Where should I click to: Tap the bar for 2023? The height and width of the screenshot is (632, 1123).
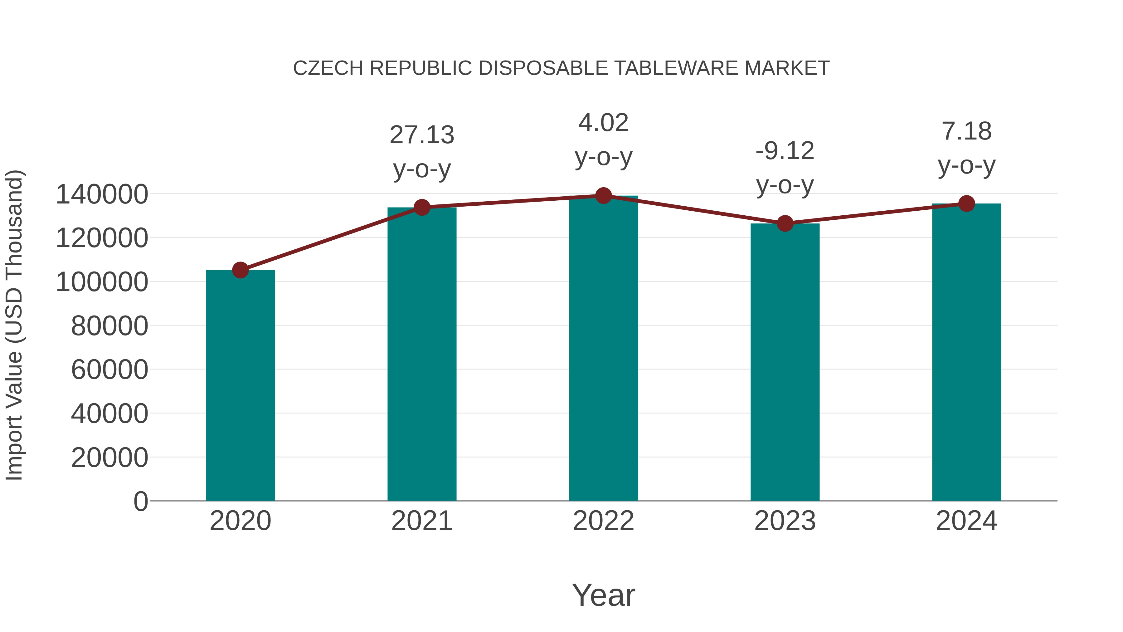[785, 362]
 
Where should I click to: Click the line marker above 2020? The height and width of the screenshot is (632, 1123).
[240, 270]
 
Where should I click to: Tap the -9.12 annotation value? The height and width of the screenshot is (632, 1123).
[785, 151]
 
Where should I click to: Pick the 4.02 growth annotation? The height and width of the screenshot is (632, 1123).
[603, 123]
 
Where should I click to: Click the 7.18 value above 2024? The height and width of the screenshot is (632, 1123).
[966, 131]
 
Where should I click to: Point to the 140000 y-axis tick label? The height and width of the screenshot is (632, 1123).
[102, 194]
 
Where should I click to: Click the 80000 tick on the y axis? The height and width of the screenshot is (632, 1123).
[109, 326]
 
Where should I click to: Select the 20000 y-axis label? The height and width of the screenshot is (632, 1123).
[109, 458]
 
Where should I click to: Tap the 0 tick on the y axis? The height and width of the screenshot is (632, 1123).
[141, 501]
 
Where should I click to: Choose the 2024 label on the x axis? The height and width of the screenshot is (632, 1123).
[966, 521]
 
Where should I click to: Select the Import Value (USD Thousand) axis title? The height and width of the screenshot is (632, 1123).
[14, 326]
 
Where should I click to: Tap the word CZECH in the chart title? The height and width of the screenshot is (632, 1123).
[328, 68]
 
